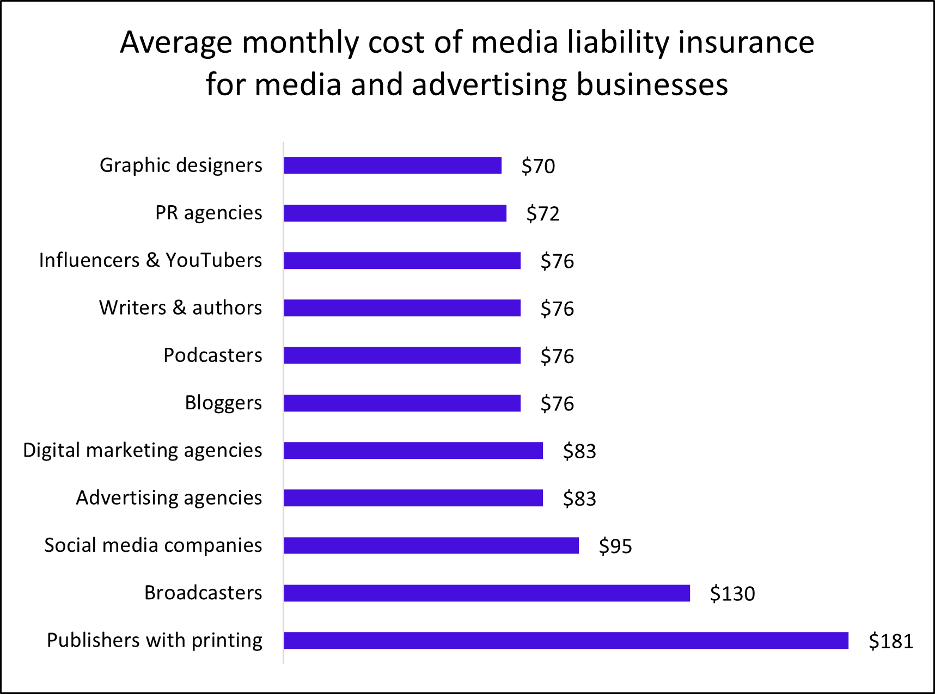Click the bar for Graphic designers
(392, 165)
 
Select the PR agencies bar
(395, 213)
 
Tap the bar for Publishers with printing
(566, 640)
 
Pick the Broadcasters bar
(487, 593)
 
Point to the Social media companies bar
(431, 545)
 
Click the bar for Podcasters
(402, 355)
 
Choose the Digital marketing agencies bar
(413, 451)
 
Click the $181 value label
(891, 641)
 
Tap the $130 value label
(732, 593)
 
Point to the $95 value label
(615, 546)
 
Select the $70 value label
(538, 166)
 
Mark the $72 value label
(543, 213)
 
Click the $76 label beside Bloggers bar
(557, 403)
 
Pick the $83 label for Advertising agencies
(579, 499)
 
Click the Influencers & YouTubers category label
(150, 260)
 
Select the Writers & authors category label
(180, 308)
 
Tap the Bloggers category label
(223, 403)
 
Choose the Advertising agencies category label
(169, 498)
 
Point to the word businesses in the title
(652, 84)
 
